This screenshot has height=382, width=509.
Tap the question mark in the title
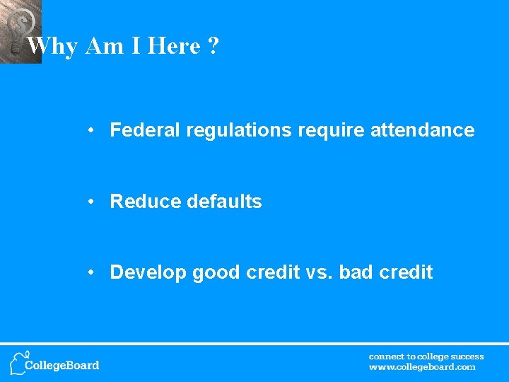tap(213, 47)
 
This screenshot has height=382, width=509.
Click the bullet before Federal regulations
tap(92, 131)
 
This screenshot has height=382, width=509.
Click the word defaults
tap(224, 202)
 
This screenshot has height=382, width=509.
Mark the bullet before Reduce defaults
tap(92, 202)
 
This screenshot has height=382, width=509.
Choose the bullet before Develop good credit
tap(92, 273)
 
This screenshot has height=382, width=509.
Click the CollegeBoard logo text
tap(62, 366)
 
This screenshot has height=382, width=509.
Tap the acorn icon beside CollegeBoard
tap(18, 362)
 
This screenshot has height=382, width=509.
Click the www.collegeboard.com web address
tap(422, 367)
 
